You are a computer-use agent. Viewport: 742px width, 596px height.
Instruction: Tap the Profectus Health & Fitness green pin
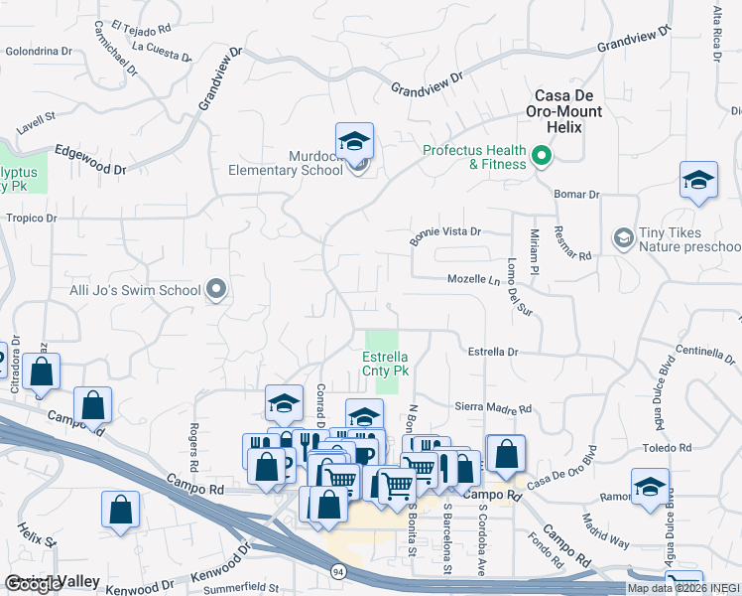point(542,155)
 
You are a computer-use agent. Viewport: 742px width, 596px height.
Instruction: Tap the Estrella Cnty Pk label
point(385,364)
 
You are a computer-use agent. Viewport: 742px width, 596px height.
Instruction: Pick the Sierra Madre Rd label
point(493,407)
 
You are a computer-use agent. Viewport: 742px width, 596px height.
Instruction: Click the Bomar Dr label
point(577,195)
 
